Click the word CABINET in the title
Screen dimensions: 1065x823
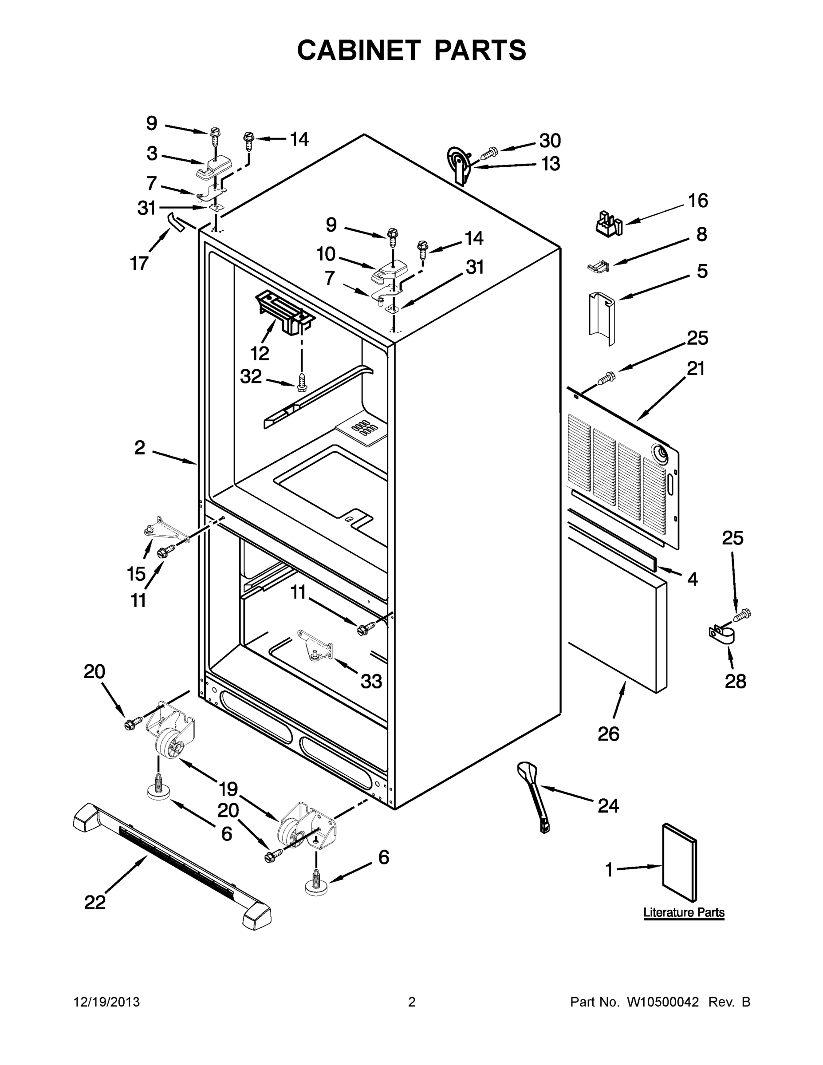(359, 50)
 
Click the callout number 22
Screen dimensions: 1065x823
(95, 902)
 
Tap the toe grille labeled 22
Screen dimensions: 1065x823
(171, 866)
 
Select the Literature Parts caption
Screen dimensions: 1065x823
(684, 912)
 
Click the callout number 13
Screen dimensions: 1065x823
(551, 164)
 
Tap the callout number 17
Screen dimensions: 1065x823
(139, 264)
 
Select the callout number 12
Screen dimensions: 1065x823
(260, 353)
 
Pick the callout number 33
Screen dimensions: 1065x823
(371, 681)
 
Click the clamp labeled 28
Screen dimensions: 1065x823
(721, 633)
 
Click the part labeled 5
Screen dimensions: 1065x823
(602, 319)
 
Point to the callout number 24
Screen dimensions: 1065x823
(608, 806)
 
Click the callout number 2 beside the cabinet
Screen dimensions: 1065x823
(139, 448)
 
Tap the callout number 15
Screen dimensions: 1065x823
(137, 574)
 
